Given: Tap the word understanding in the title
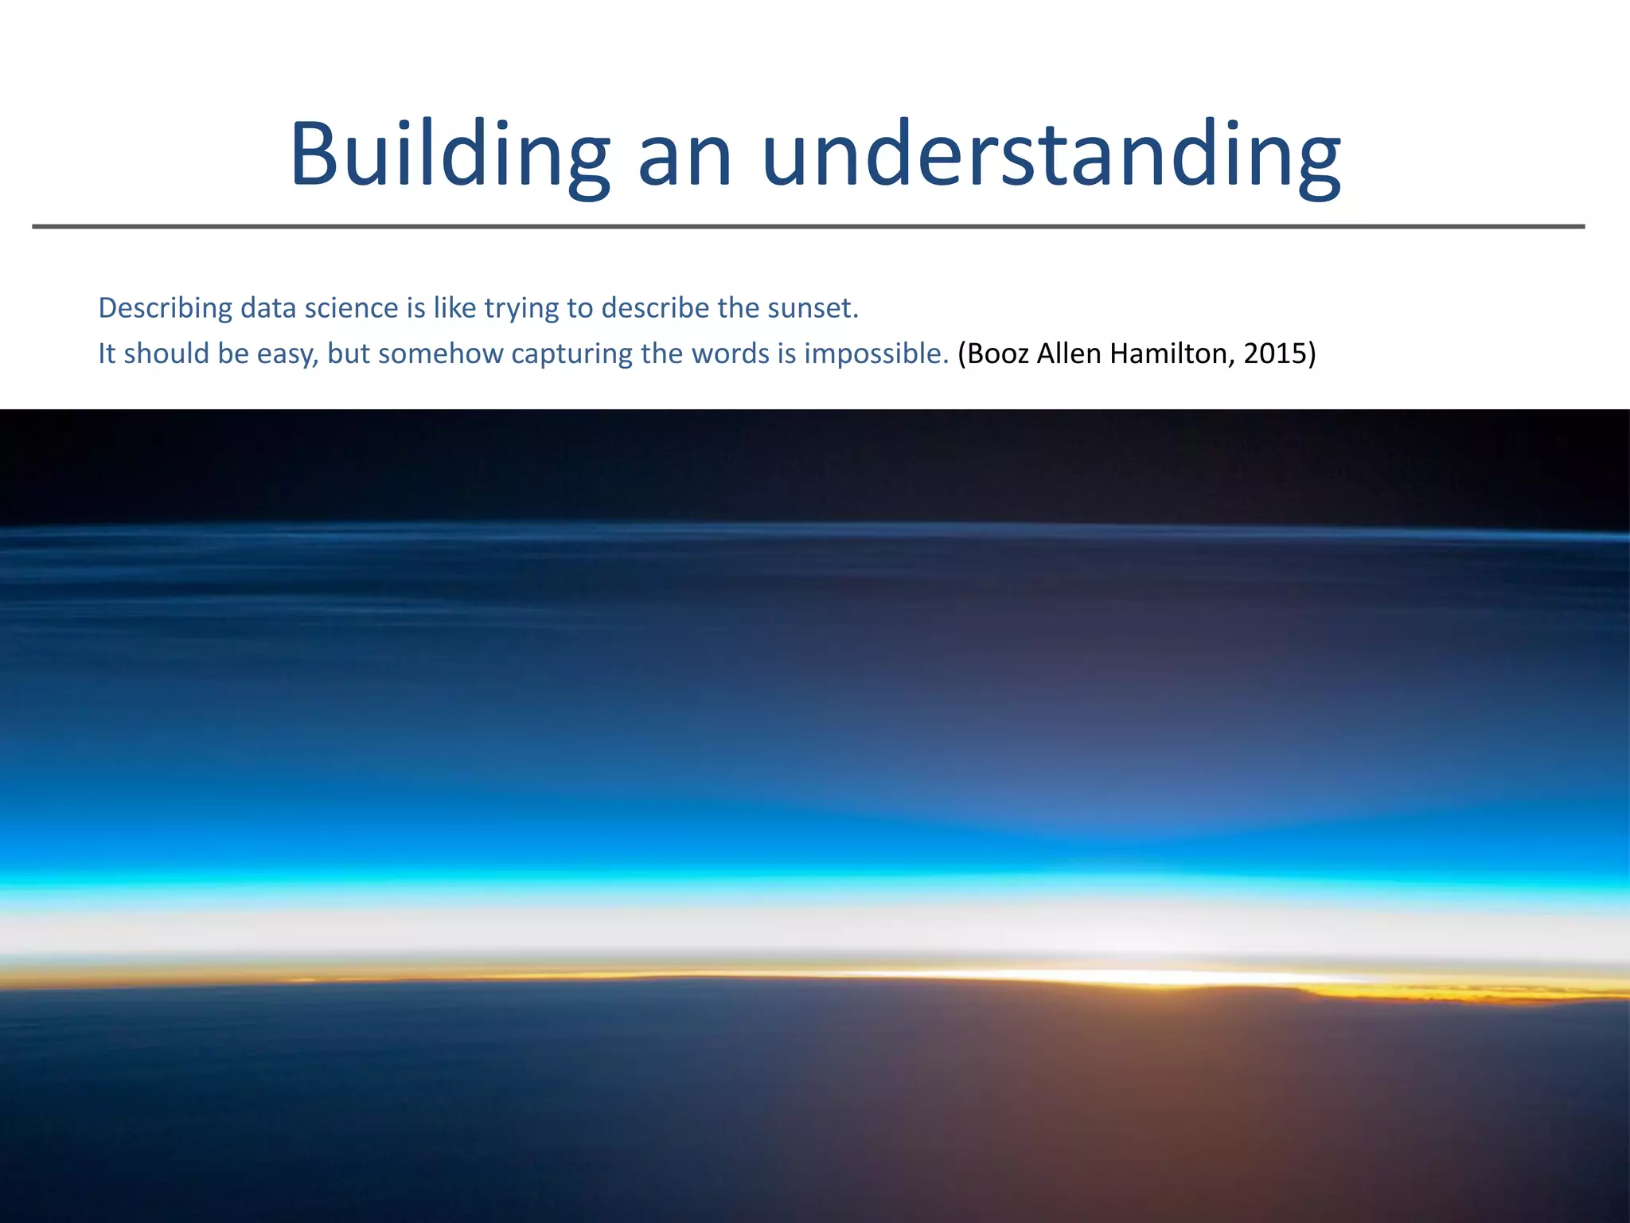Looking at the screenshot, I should tap(1051, 155).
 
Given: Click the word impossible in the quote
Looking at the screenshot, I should tap(875, 354).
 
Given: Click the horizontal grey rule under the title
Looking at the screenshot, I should tap(809, 227).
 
